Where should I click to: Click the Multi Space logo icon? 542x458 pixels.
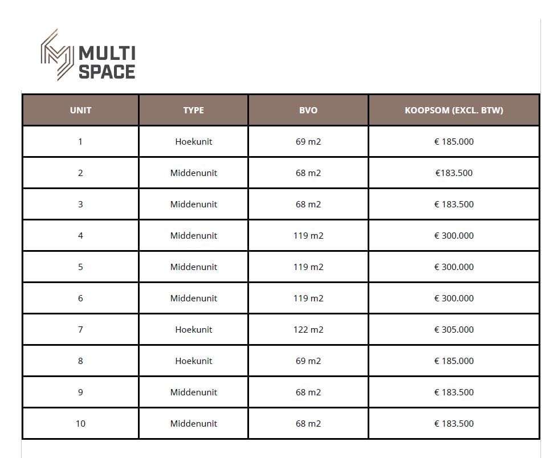tap(57, 55)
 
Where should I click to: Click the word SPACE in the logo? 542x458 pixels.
tap(107, 72)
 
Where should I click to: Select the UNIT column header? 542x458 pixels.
tap(80, 110)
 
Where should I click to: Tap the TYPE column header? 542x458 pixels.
tap(193, 110)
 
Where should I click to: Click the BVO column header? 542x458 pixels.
tap(308, 110)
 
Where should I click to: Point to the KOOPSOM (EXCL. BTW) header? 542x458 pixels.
tap(454, 110)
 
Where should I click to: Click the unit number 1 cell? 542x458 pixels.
tap(80, 141)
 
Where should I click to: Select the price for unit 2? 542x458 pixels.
tap(454, 173)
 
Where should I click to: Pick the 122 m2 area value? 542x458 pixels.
tap(308, 329)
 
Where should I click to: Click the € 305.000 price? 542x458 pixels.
tap(454, 329)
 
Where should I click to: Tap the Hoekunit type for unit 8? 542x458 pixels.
tap(193, 361)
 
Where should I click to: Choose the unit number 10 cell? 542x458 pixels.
tap(80, 423)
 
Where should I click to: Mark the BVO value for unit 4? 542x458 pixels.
tap(308, 235)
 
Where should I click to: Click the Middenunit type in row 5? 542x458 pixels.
tap(193, 267)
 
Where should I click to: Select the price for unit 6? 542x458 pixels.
tap(454, 298)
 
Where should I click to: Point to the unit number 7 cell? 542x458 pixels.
tap(80, 329)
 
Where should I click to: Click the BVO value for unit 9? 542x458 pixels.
tap(308, 392)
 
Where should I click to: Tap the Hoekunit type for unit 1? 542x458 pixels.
tap(193, 141)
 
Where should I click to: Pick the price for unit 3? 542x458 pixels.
tap(454, 204)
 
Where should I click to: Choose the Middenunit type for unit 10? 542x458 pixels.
tap(193, 423)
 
